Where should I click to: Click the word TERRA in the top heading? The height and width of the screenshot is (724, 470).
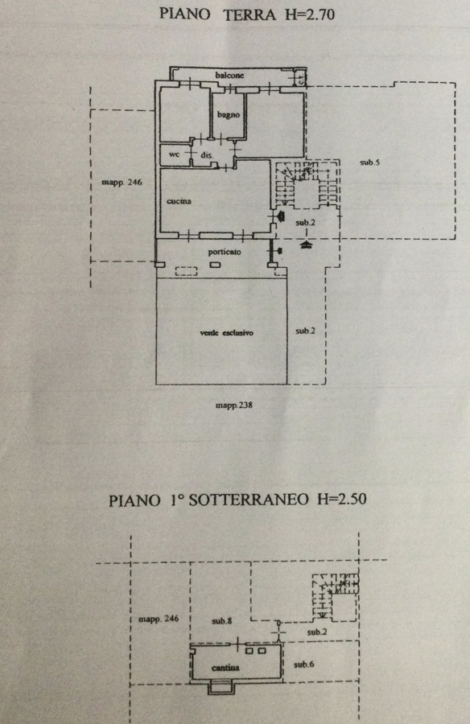[249, 14]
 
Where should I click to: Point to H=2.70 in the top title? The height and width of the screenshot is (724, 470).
[309, 14]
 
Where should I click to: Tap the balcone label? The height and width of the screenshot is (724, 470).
[229, 75]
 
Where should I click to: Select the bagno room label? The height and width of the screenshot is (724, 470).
[229, 115]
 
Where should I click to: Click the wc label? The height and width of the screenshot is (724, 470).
[174, 154]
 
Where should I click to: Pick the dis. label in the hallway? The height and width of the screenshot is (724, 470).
[207, 155]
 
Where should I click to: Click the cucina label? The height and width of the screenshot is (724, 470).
[179, 201]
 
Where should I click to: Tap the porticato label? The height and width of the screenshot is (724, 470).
[225, 252]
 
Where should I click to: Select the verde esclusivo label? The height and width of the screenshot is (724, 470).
[226, 332]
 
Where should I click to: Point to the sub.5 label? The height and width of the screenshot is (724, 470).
[369, 162]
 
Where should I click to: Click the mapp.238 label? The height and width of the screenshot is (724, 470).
[234, 405]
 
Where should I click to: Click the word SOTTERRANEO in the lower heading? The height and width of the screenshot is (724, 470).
[249, 500]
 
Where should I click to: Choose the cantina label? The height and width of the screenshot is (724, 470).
[225, 668]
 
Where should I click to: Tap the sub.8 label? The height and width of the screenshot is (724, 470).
[222, 621]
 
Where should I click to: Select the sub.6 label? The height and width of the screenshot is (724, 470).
[304, 664]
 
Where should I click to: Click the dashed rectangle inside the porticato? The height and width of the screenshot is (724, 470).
[186, 271]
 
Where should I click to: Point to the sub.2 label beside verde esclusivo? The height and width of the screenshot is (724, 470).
[306, 331]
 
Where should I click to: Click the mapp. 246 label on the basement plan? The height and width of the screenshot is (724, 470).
[159, 619]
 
